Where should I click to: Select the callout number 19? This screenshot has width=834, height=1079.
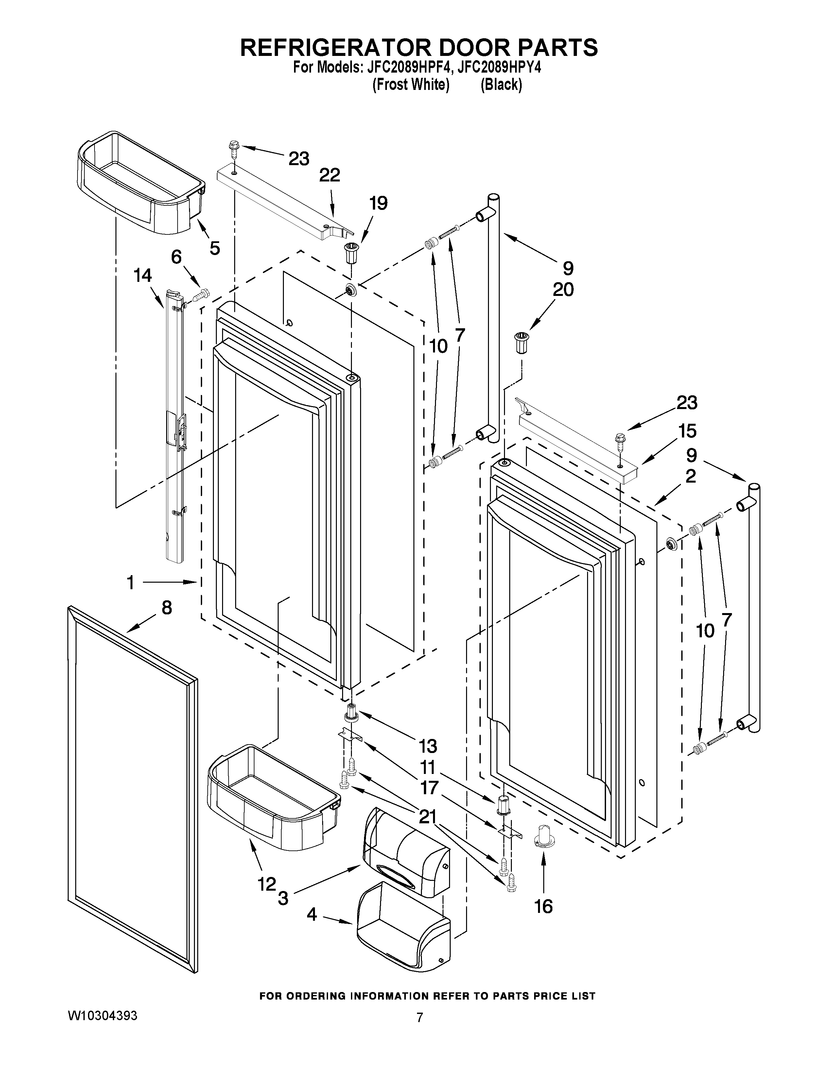click(x=378, y=204)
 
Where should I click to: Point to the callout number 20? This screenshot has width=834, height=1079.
click(x=563, y=289)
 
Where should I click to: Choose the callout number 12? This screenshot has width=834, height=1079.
click(x=266, y=884)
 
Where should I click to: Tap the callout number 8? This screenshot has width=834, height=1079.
click(x=167, y=607)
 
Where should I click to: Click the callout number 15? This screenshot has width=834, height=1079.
click(x=687, y=431)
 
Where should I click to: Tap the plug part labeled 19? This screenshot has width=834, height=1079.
click(x=352, y=253)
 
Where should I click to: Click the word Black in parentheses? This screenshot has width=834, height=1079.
click(x=501, y=85)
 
